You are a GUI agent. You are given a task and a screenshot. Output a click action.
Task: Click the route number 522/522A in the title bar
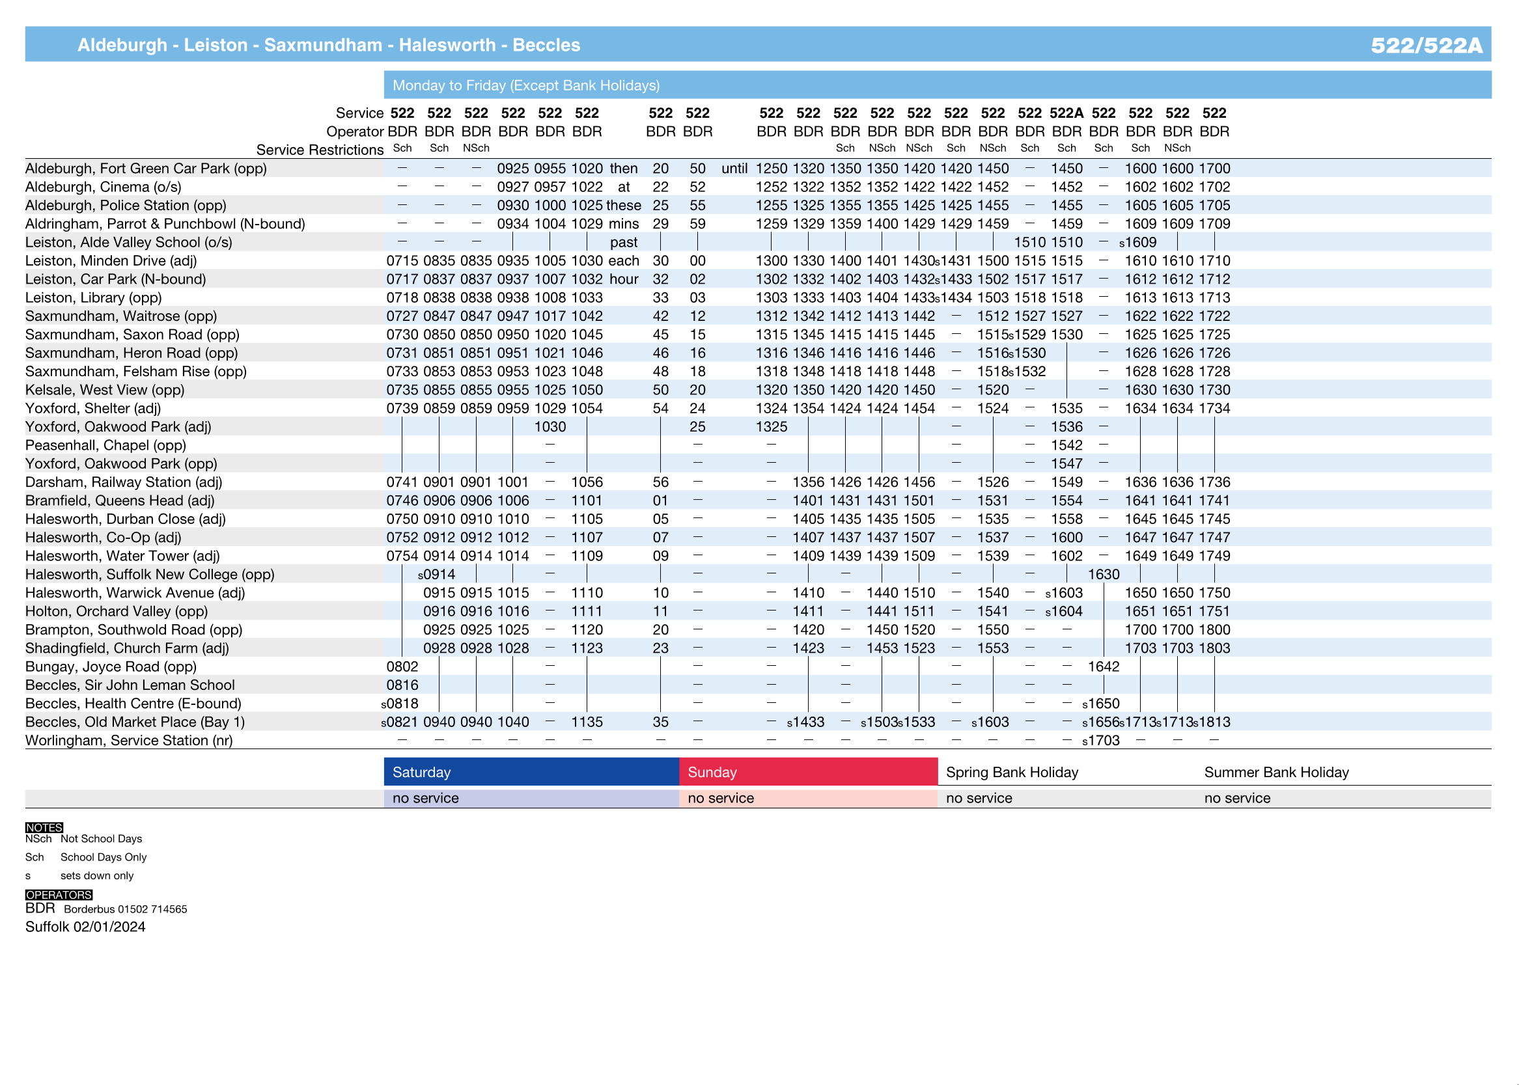[1426, 45]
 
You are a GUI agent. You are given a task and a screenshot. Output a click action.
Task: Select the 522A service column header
[1066, 113]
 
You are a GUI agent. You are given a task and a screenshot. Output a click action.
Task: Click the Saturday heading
[422, 773]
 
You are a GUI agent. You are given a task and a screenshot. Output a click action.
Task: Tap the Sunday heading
[712, 773]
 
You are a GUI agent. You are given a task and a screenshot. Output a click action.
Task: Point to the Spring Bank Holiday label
[1012, 773]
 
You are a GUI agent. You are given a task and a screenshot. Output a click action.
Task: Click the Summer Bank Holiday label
[1276, 773]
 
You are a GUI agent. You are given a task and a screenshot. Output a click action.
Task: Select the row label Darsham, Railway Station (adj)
[124, 482]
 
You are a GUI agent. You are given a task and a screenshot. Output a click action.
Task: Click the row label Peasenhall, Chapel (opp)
[105, 445]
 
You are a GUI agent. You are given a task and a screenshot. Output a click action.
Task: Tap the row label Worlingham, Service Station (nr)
[129, 740]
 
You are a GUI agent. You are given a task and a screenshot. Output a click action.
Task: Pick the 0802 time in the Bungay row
[402, 666]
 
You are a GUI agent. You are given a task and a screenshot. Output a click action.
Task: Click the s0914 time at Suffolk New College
[436, 574]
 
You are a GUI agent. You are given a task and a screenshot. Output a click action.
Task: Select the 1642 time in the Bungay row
[1104, 666]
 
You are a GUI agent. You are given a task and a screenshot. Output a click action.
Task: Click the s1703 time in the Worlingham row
[1100, 740]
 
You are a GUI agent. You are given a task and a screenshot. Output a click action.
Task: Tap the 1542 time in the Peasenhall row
[1066, 445]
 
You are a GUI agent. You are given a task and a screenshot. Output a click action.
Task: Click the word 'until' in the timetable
[734, 169]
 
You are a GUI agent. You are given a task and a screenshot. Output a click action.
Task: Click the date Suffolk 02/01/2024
[85, 927]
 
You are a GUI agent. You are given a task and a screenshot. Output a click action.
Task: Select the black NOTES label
[44, 828]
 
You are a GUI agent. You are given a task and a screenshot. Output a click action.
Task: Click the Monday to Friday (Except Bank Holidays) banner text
[526, 85]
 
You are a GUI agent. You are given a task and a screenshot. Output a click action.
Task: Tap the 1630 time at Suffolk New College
[1104, 574]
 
